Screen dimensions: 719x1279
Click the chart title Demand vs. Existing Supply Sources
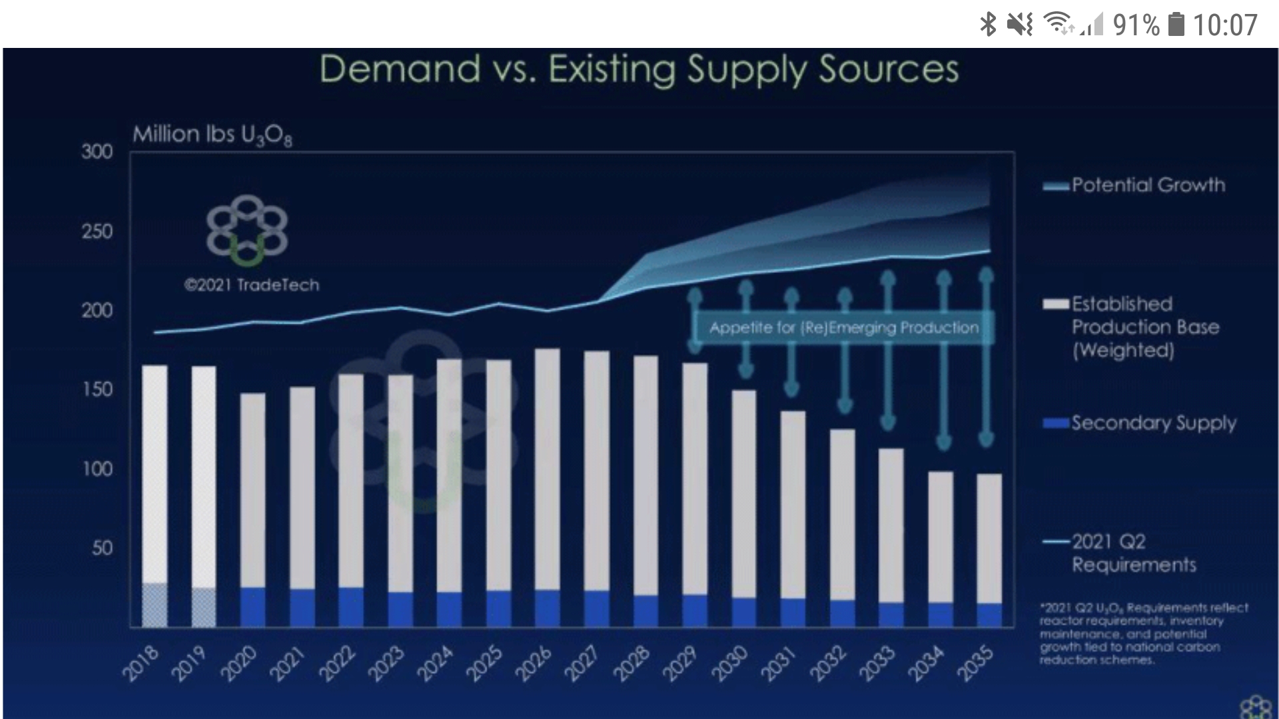tap(639, 69)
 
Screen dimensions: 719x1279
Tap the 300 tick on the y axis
tap(97, 152)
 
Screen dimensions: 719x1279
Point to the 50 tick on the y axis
tap(102, 548)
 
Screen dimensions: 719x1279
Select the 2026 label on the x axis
tap(534, 664)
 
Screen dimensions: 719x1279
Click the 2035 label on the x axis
tap(976, 664)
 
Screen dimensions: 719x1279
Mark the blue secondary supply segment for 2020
tap(252, 607)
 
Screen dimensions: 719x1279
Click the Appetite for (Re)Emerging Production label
tap(843, 328)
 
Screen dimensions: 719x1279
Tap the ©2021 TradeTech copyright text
tap(252, 285)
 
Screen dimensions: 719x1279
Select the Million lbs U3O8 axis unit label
tap(212, 135)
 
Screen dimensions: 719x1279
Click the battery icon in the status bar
tap(1176, 25)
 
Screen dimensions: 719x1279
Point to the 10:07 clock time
tap(1224, 25)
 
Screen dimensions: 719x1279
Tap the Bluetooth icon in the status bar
tap(988, 25)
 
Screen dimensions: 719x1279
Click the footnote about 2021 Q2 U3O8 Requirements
tap(1143, 633)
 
